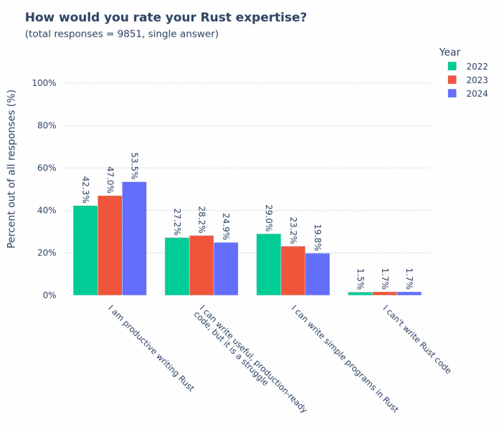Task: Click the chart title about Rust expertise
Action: coord(166,17)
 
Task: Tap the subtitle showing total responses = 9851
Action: coord(122,34)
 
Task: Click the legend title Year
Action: coord(450,52)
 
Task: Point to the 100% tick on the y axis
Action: coord(44,83)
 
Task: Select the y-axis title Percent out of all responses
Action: coord(11,168)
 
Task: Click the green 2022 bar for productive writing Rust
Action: coord(85,250)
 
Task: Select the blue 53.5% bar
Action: coord(134,238)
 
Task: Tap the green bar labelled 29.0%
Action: coord(269,265)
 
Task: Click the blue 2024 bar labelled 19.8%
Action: coord(318,274)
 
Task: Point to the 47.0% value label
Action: coord(110,185)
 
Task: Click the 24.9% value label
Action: coord(226,223)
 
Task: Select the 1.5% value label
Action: coord(361,278)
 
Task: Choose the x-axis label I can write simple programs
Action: coord(344,358)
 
